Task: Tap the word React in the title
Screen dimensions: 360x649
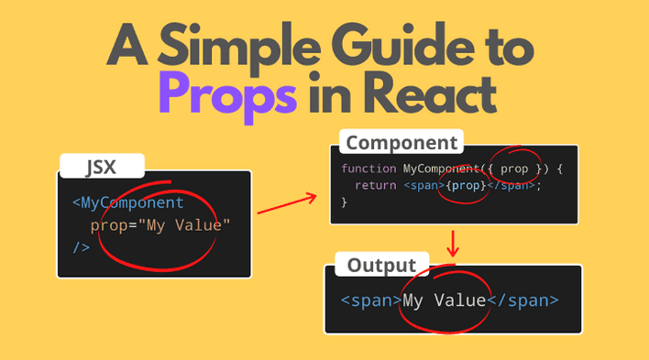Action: pos(434,93)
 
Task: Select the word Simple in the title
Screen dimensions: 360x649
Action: pos(247,44)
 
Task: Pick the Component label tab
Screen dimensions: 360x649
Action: pos(401,143)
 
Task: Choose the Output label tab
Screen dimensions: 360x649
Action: pos(381,266)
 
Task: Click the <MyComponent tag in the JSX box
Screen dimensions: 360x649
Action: pos(128,202)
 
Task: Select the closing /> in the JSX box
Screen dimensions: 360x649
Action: pos(81,247)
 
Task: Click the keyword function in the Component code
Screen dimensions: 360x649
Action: pos(369,169)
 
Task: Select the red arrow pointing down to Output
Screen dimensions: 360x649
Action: pos(453,243)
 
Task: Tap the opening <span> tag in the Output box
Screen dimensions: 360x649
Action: pos(371,300)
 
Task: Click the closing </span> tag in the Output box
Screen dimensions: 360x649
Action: pos(522,300)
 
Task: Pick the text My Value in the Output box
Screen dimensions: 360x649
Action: pos(445,300)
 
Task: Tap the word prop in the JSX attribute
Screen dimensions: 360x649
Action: pos(108,225)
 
